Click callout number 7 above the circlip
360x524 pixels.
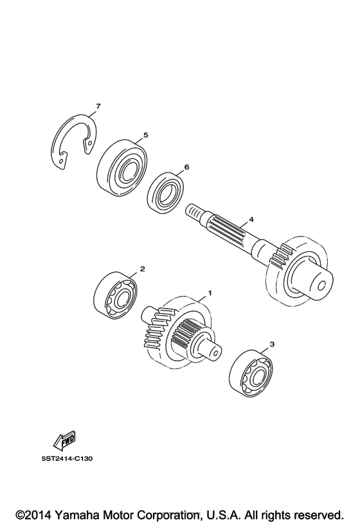[98, 107]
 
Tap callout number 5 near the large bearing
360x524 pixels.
[145, 135]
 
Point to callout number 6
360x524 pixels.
[186, 167]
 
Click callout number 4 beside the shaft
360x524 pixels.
[251, 219]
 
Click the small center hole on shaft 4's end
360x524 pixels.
[322, 285]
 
